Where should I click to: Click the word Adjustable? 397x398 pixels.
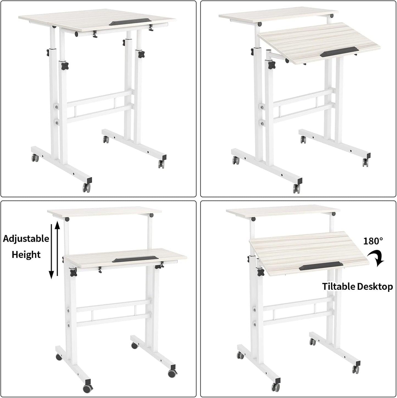pyautogui.click(x=26, y=239)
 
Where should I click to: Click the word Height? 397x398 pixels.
pyautogui.click(x=26, y=255)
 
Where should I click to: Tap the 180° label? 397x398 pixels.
pyautogui.click(x=373, y=241)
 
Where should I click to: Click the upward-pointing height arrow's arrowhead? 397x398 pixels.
pyautogui.click(x=57, y=224)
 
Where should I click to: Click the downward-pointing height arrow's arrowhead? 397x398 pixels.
pyautogui.click(x=51, y=274)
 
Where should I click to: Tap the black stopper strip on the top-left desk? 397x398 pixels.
pyautogui.click(x=130, y=22)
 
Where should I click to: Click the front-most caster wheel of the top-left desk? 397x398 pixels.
pyautogui.click(x=87, y=188)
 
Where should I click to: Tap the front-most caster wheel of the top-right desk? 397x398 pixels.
pyautogui.click(x=297, y=188)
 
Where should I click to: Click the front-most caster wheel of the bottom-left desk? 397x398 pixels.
pyautogui.click(x=88, y=389)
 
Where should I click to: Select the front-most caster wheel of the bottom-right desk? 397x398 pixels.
pyautogui.click(x=276, y=386)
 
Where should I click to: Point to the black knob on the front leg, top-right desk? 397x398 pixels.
pyautogui.click(x=272, y=65)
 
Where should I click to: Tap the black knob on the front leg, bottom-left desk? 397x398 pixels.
pyautogui.click(x=73, y=272)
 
